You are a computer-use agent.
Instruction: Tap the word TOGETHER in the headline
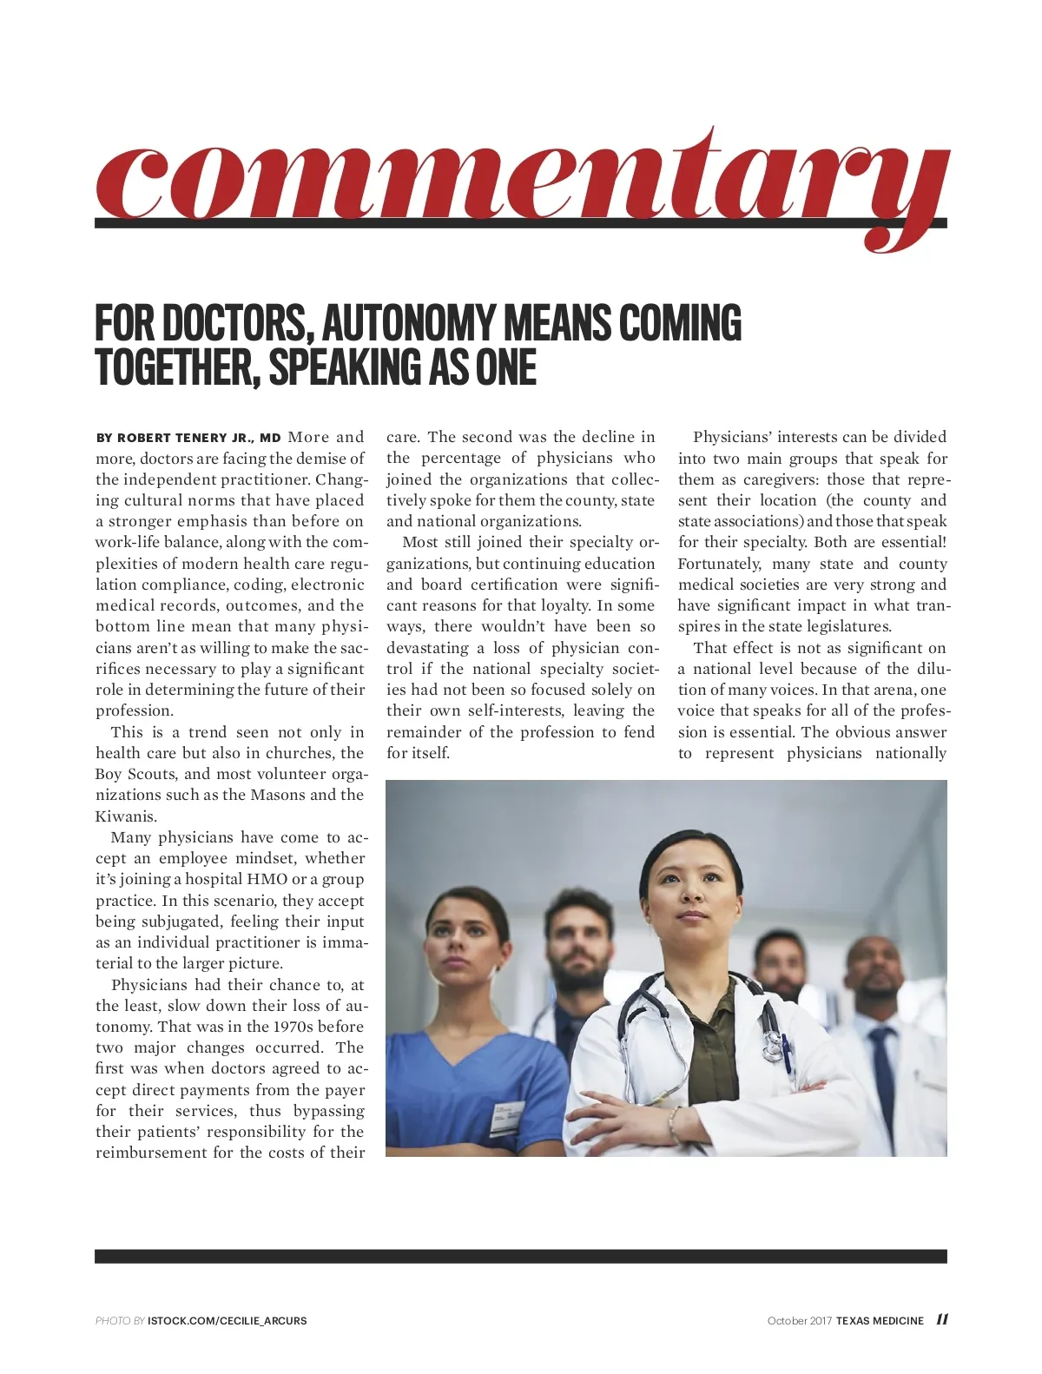click(x=174, y=367)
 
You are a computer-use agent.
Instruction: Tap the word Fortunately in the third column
click(x=718, y=564)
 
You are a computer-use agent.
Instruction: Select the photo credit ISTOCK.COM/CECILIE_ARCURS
click(x=227, y=1321)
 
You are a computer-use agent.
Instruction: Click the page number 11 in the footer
click(x=941, y=1319)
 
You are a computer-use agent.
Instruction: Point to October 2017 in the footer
click(x=799, y=1321)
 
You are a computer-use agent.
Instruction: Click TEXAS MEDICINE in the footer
click(x=880, y=1321)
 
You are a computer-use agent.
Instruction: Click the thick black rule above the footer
click(x=521, y=1256)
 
